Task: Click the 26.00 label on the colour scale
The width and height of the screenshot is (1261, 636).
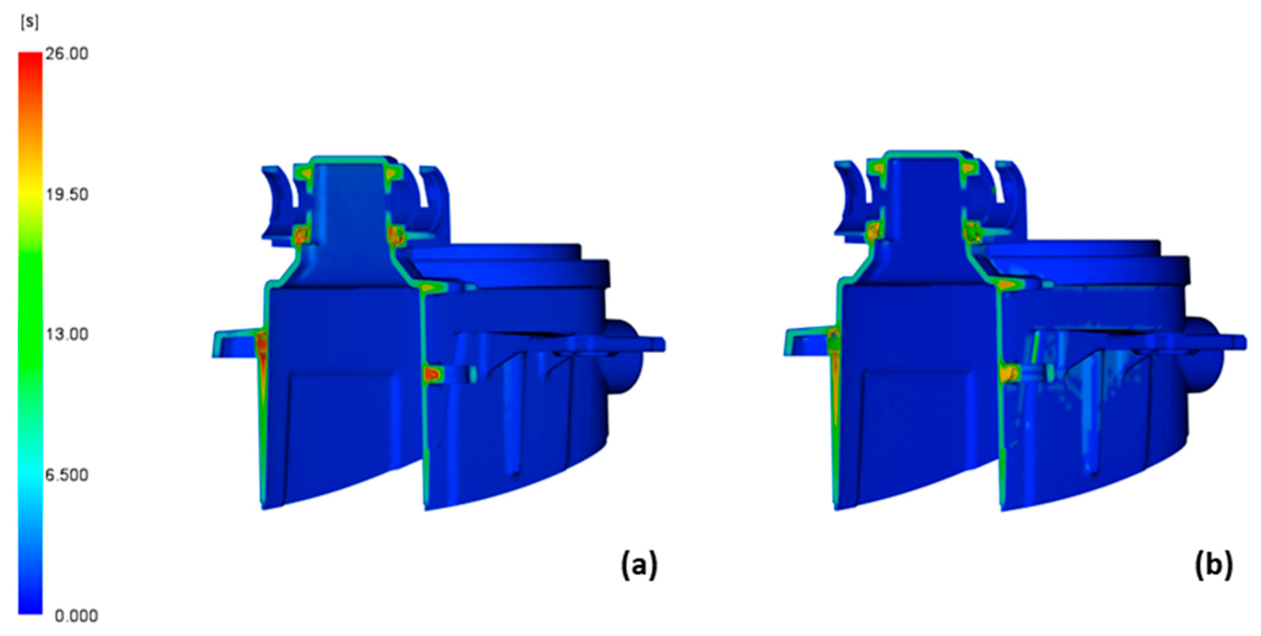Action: pos(67,53)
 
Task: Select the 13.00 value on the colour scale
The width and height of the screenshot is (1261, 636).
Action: pos(67,335)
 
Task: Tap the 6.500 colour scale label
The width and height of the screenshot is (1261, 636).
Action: pos(67,475)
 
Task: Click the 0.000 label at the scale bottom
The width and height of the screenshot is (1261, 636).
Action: pos(76,616)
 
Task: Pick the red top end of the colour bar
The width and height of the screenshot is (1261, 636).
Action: pos(30,57)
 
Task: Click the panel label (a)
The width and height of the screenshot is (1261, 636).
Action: pos(639,566)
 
